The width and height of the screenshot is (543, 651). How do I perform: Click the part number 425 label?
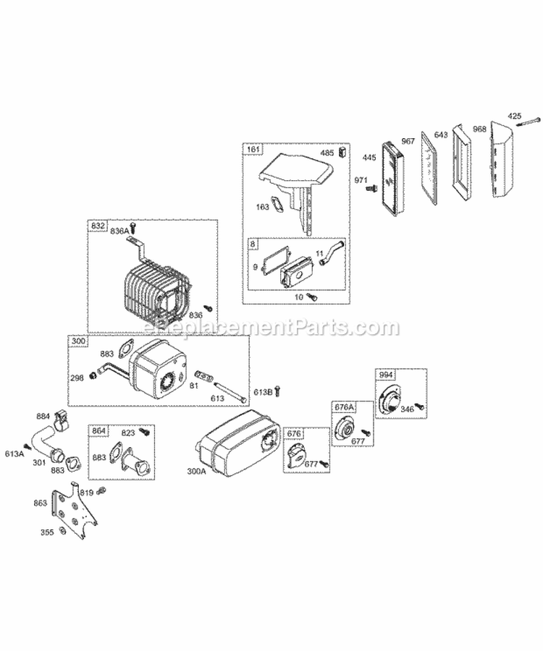[514, 115]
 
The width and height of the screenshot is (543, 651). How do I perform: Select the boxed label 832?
[97, 226]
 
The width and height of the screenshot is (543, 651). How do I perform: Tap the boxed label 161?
[251, 150]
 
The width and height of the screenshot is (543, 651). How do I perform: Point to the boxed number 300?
[77, 340]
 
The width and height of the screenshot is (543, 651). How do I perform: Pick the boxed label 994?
[385, 375]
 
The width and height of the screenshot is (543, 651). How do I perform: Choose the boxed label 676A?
[343, 407]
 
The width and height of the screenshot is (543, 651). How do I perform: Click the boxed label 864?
[98, 430]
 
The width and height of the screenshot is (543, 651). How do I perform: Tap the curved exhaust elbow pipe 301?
[45, 441]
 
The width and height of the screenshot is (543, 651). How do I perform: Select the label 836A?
[119, 230]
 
